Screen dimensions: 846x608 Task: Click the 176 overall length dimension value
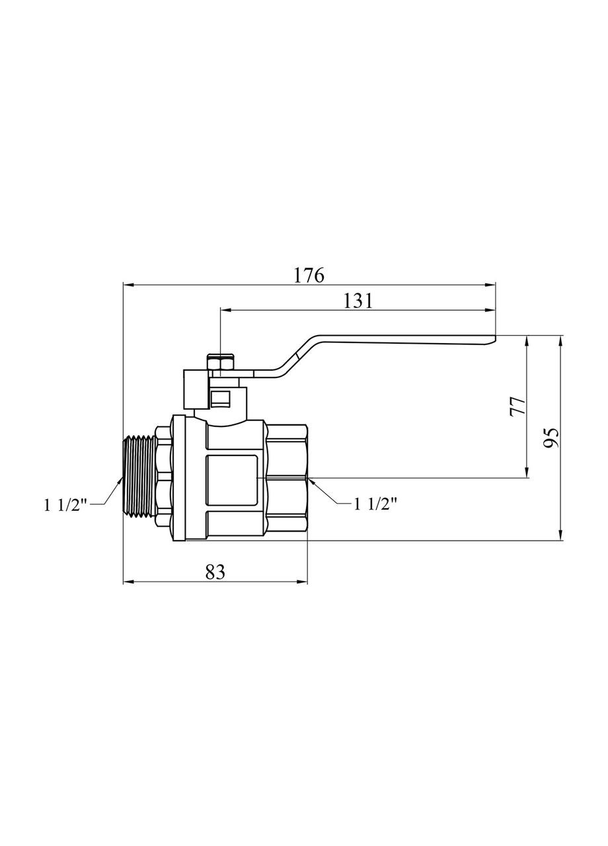[x=309, y=275]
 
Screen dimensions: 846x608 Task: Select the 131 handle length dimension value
[x=358, y=300]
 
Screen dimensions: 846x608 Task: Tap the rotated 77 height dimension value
[x=517, y=405]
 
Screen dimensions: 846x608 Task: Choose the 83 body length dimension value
[x=215, y=572]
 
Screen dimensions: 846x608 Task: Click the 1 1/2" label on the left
[x=66, y=505]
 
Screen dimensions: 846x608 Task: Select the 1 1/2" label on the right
[x=375, y=504]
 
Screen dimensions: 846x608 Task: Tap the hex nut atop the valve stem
[x=221, y=363]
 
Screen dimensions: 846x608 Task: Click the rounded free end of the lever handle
[x=492, y=339]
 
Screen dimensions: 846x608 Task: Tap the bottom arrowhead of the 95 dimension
[x=560, y=536]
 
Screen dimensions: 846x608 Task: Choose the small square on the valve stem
[x=221, y=399]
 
